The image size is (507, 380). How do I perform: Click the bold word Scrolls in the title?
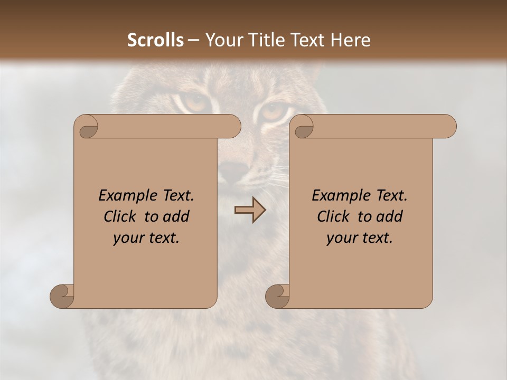click(x=155, y=40)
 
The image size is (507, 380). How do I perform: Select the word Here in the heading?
click(x=351, y=40)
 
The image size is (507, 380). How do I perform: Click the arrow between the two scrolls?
click(x=250, y=210)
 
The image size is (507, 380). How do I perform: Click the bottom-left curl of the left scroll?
click(x=61, y=296)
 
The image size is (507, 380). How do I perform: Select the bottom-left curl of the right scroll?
click(x=277, y=296)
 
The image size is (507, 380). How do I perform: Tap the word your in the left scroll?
click(x=128, y=239)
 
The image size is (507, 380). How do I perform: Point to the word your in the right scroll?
click(x=341, y=239)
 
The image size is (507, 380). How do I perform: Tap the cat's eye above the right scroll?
click(x=273, y=112)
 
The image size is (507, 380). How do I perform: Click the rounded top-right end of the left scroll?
click(x=232, y=127)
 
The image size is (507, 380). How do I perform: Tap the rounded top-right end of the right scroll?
click(x=448, y=127)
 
